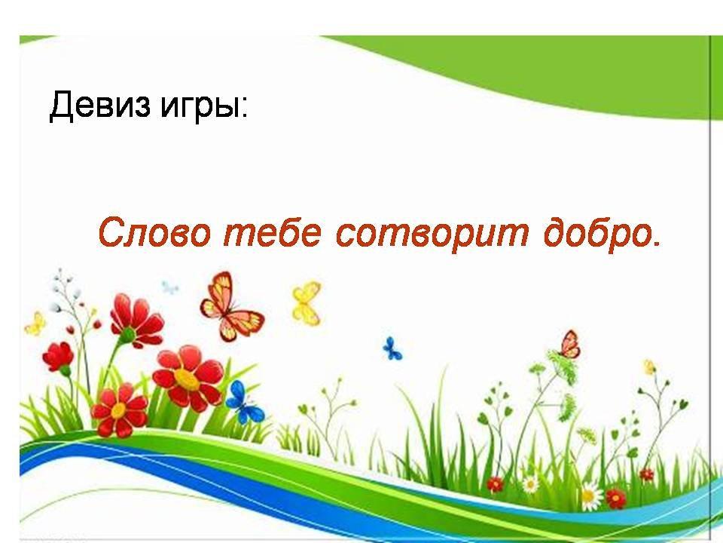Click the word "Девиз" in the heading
click(99, 106)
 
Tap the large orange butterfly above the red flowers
click(230, 307)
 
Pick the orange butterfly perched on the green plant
click(570, 345)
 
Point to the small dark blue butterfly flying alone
click(392, 348)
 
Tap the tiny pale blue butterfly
click(169, 287)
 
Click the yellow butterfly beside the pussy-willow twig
click(35, 324)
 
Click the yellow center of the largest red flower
click(188, 378)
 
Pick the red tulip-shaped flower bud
click(58, 357)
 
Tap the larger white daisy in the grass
click(590, 496)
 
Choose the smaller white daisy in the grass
click(530, 484)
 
